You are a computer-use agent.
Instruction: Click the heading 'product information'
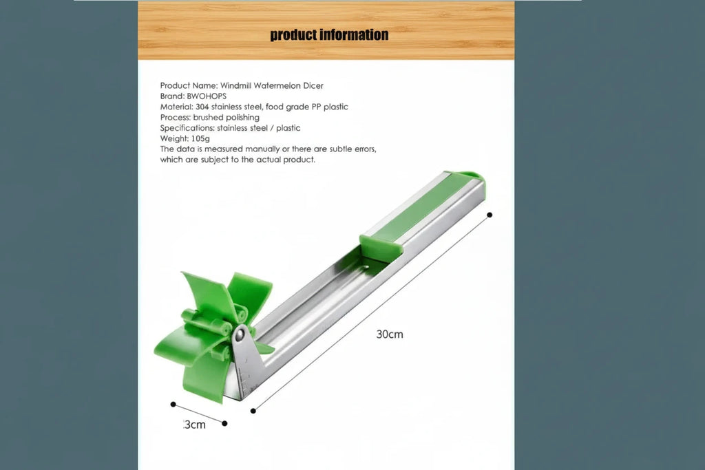click(329, 34)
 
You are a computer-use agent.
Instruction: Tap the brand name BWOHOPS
click(207, 96)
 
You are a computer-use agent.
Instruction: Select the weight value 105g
click(199, 138)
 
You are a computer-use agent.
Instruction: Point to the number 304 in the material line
click(201, 107)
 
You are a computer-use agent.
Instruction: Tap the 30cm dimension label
click(390, 334)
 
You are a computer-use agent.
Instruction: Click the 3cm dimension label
click(195, 425)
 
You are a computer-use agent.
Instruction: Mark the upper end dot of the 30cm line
click(490, 215)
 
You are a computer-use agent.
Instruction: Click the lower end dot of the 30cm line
click(253, 411)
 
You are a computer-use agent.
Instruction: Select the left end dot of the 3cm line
click(173, 405)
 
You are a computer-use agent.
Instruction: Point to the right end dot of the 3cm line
click(225, 424)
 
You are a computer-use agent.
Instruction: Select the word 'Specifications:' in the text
click(187, 128)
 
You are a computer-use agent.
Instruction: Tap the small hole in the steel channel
click(366, 264)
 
